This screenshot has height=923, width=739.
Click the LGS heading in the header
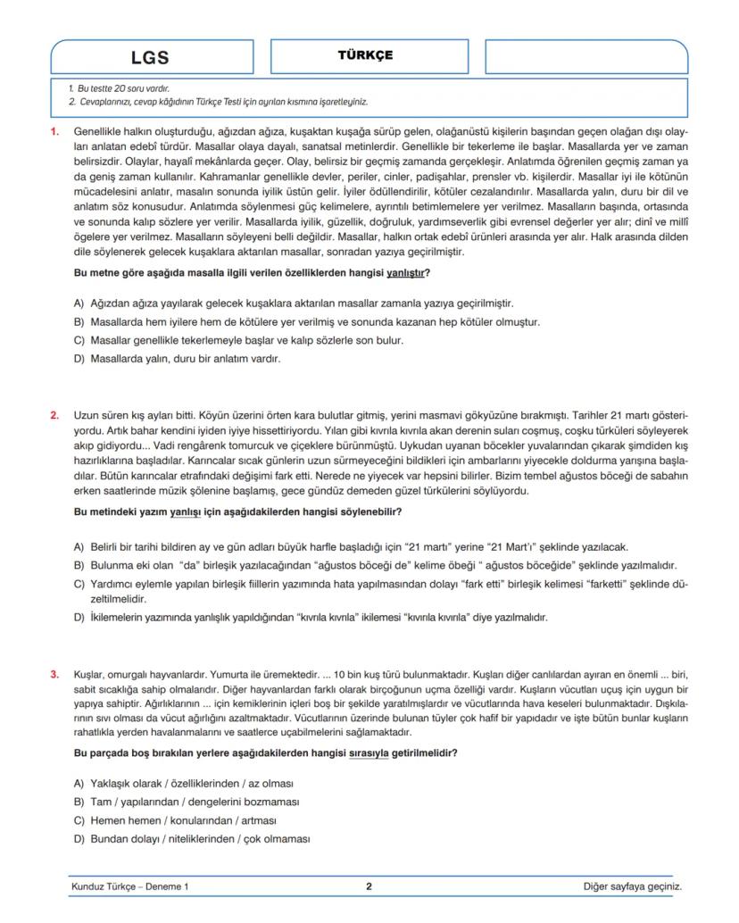(149, 58)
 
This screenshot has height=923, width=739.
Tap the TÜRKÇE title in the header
(365, 55)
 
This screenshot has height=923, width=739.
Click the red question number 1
(54, 131)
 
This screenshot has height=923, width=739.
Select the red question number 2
(54, 415)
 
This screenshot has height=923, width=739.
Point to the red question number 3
(54, 675)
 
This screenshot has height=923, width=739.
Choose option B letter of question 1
(79, 322)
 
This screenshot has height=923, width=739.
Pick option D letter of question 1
(79, 360)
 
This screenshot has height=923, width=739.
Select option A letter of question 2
(79, 546)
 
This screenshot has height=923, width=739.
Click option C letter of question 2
(79, 584)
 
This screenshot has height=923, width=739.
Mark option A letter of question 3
(79, 783)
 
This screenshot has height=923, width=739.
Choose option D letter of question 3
(79, 839)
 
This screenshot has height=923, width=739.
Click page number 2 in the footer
(369, 886)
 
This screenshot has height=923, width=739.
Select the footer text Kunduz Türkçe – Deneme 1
(129, 887)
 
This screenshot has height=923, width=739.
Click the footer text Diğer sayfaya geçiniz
(632, 887)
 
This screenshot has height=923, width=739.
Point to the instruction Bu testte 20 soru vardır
(119, 89)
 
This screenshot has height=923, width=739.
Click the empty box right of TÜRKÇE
(586, 57)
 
